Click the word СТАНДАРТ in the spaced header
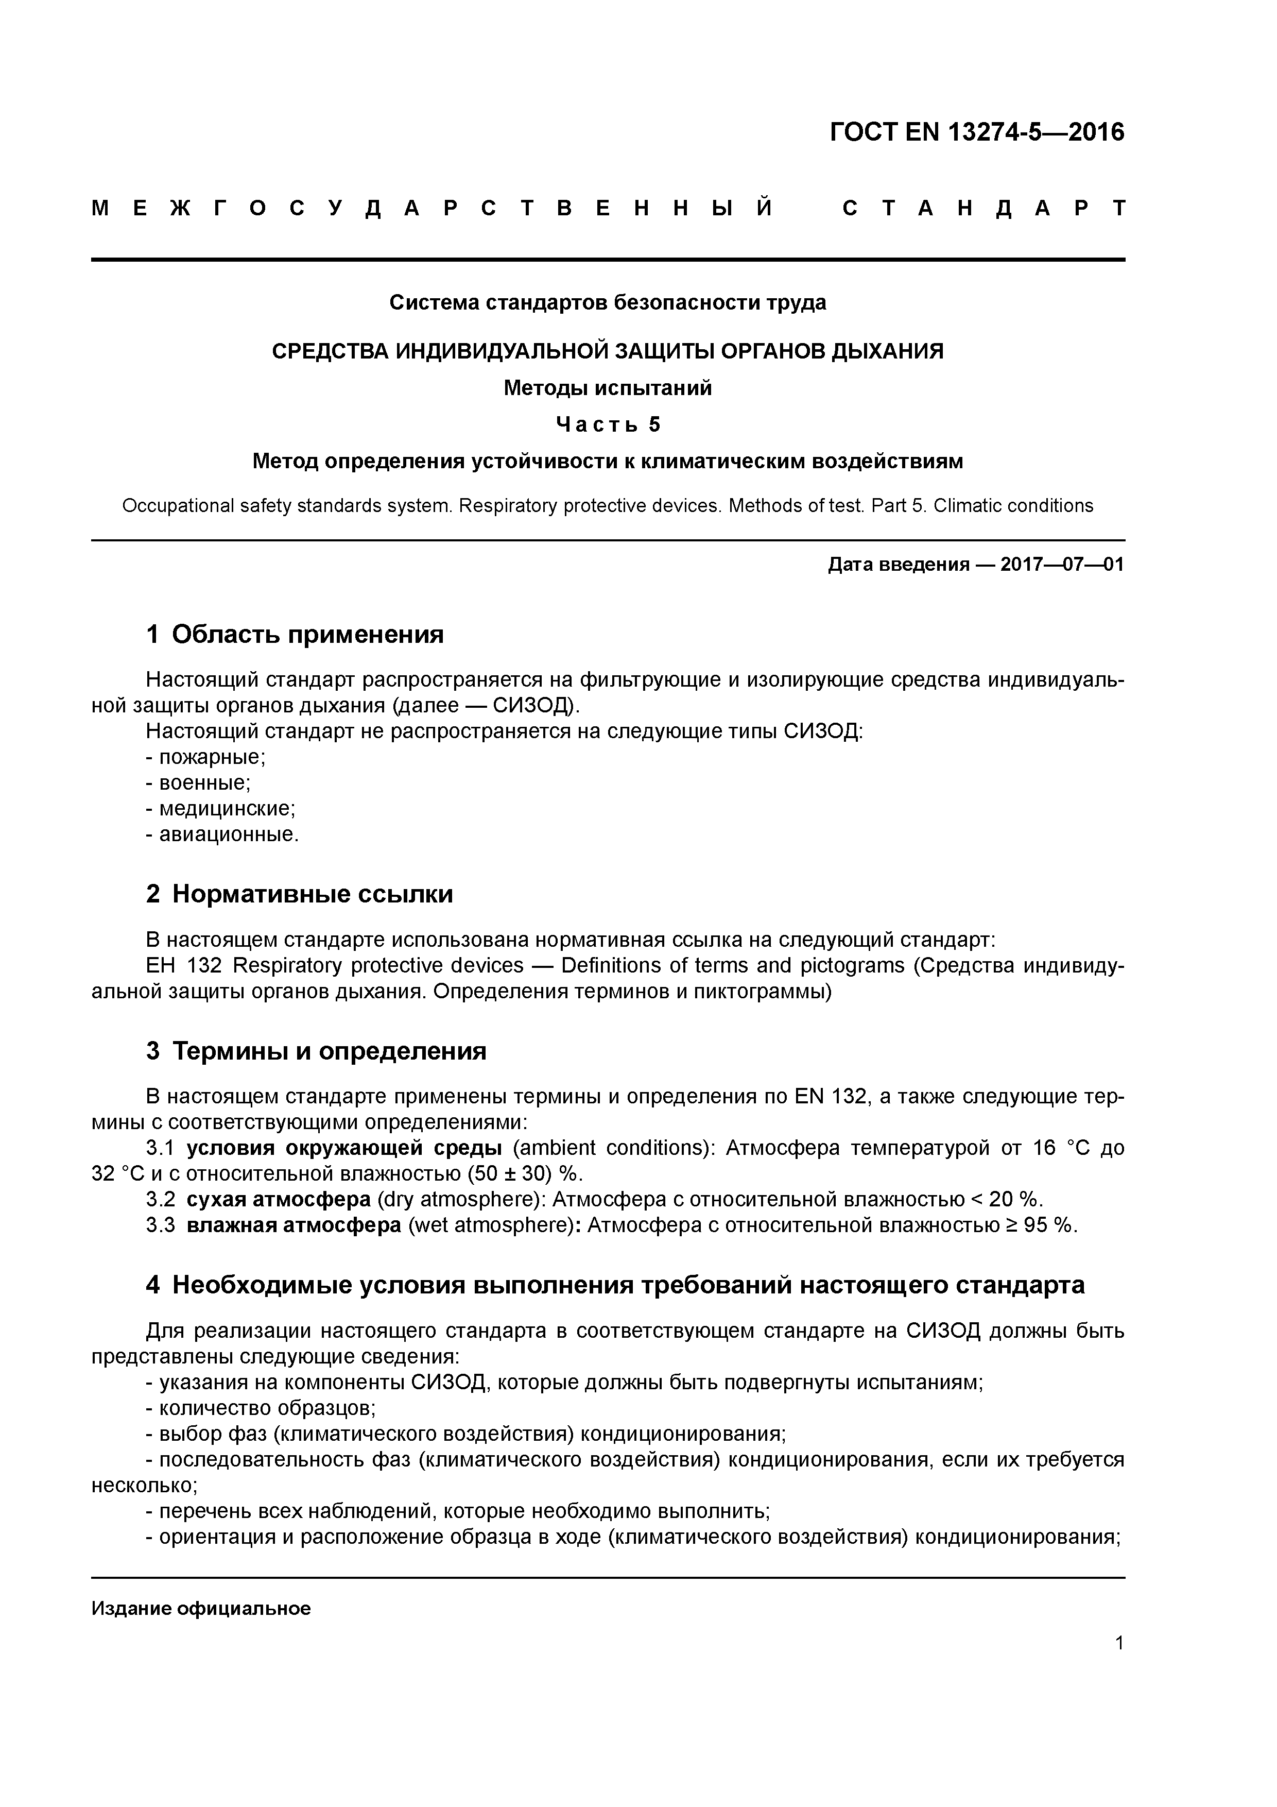click(983, 209)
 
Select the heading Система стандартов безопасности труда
click(608, 303)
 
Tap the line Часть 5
click(608, 425)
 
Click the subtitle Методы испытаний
click(608, 388)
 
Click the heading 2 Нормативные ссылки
click(300, 895)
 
